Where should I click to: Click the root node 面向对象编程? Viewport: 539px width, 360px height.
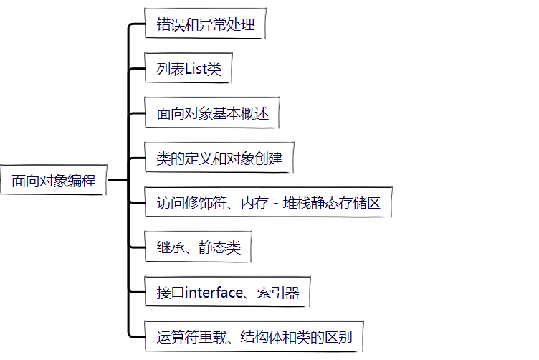54,181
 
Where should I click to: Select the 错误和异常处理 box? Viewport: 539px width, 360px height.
205,25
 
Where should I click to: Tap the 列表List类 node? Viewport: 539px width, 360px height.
189,70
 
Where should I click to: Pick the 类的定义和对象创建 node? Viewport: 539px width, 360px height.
219,158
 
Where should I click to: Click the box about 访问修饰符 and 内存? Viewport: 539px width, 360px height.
268,203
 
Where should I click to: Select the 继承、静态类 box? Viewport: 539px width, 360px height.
198,248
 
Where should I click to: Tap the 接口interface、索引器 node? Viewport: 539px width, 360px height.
227,293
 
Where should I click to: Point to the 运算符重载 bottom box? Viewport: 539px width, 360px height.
254,336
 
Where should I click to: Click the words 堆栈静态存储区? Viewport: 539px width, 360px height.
338,203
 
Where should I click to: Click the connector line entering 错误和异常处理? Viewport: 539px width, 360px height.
136,25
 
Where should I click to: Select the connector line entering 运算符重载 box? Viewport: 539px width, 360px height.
136,336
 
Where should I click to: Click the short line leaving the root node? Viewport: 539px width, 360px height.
117,181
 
